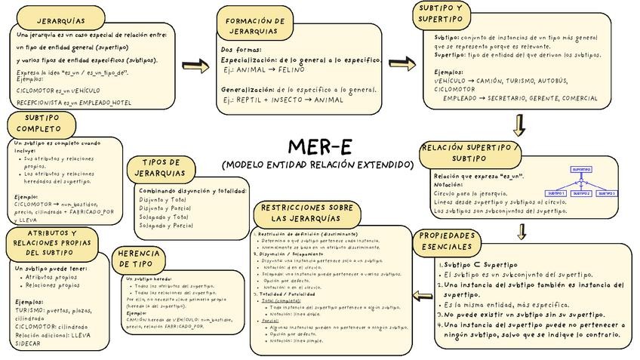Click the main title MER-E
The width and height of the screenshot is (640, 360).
tap(319, 146)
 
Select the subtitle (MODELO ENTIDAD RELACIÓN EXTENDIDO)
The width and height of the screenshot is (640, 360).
tap(318, 165)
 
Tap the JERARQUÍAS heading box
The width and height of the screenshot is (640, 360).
tap(60, 20)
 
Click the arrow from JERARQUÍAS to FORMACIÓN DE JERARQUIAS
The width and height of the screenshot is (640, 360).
tap(195, 67)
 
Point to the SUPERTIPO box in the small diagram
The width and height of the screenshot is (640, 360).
tap(581, 170)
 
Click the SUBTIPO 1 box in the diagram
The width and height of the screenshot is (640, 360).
tap(555, 194)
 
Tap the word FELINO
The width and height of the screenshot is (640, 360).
tap(290, 69)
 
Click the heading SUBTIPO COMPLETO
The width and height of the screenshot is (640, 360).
tap(43, 124)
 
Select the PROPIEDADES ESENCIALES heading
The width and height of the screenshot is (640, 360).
tap(448, 242)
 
